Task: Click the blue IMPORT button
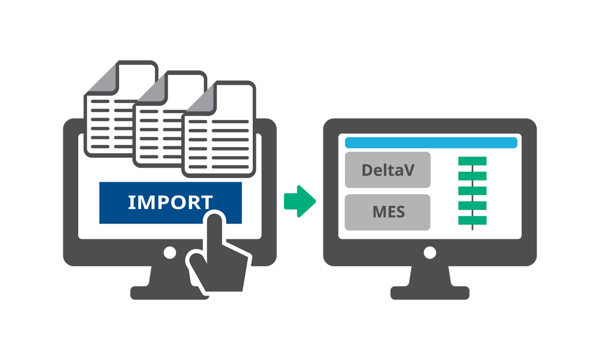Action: tap(155, 202)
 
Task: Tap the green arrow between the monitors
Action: tap(300, 201)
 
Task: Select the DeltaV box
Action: tap(388, 170)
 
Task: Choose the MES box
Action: tap(388, 212)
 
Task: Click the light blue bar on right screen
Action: tap(431, 142)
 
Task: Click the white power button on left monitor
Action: tap(170, 253)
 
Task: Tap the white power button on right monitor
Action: tap(430, 253)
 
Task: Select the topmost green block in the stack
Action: tap(472, 161)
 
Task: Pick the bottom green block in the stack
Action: tap(472, 220)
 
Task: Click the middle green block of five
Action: tap(472, 191)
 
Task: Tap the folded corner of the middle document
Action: tap(150, 89)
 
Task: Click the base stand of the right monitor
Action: tap(430, 293)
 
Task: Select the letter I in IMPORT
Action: tap(131, 202)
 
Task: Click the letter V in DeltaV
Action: tap(408, 170)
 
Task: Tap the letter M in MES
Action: tap(378, 212)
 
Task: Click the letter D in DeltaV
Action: tap(367, 170)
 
